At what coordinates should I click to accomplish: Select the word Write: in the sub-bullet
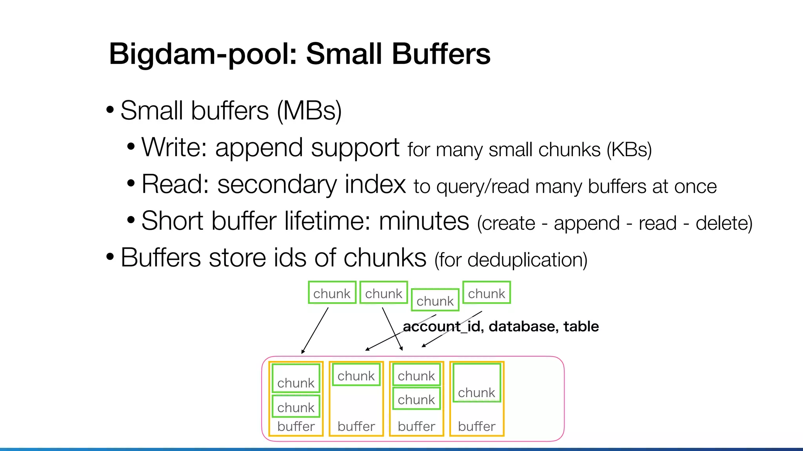[174, 148]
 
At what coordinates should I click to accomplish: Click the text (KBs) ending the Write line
[629, 150]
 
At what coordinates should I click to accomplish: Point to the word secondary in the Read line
[276, 184]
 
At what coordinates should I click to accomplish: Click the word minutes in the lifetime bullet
[424, 221]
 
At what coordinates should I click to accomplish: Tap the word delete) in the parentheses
[724, 223]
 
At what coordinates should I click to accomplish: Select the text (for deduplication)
[511, 260]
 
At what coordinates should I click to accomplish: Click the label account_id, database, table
[501, 327]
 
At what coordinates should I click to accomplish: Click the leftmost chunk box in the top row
[332, 293]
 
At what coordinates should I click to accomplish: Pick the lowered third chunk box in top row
[435, 300]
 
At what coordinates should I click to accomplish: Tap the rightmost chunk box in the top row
[486, 293]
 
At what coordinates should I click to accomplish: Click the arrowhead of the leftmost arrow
[303, 352]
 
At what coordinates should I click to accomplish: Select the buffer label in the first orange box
[296, 426]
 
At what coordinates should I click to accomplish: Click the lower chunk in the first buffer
[296, 407]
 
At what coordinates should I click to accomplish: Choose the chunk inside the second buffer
[356, 375]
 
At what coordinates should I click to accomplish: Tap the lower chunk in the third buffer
[416, 399]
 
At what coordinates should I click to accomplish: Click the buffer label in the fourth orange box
[476, 426]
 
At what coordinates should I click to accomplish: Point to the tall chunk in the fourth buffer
[476, 383]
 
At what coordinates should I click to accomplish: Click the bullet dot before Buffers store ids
[110, 258]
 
